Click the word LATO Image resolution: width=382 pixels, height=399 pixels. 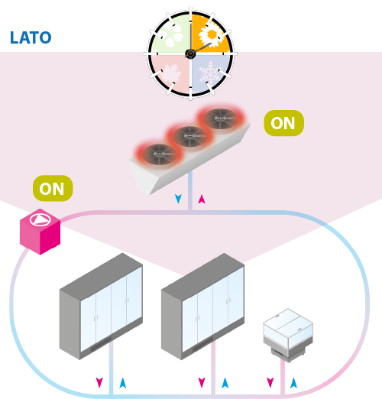click(x=31, y=37)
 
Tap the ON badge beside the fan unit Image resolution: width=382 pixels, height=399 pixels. click(x=283, y=123)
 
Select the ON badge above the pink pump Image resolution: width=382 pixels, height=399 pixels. click(x=53, y=188)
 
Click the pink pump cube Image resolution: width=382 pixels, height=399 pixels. click(x=40, y=232)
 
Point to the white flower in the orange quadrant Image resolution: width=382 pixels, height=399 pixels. click(x=211, y=35)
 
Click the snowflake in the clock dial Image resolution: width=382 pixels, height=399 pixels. click(x=211, y=73)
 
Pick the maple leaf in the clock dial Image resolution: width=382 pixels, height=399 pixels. click(x=170, y=73)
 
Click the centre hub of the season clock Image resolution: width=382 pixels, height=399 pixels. click(x=190, y=54)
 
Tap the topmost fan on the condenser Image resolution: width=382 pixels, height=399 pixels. click(x=220, y=118)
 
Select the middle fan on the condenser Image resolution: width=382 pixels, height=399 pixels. click(x=189, y=136)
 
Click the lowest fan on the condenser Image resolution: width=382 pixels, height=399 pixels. click(x=160, y=154)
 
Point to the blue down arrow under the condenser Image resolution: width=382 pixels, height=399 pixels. click(x=178, y=199)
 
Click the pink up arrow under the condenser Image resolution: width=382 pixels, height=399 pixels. click(x=202, y=199)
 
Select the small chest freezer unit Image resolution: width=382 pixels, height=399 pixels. click(x=288, y=335)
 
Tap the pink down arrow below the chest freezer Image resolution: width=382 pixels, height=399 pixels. click(x=270, y=383)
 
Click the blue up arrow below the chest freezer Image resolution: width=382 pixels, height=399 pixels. click(x=293, y=383)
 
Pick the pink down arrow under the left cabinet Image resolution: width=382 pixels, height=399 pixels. click(x=99, y=383)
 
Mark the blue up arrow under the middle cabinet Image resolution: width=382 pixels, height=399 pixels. click(x=225, y=383)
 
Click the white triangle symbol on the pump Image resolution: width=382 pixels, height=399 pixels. click(x=40, y=219)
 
